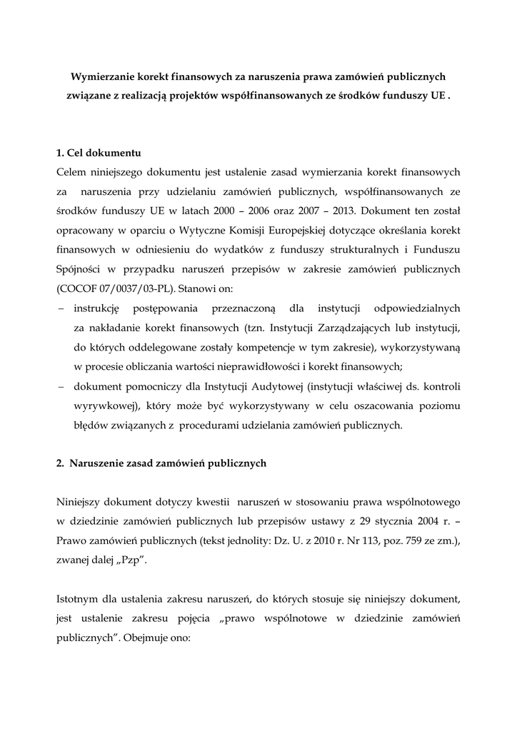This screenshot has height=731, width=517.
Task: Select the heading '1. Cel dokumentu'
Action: [x=98, y=153]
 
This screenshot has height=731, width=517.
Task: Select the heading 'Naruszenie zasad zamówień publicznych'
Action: [x=168, y=463]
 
